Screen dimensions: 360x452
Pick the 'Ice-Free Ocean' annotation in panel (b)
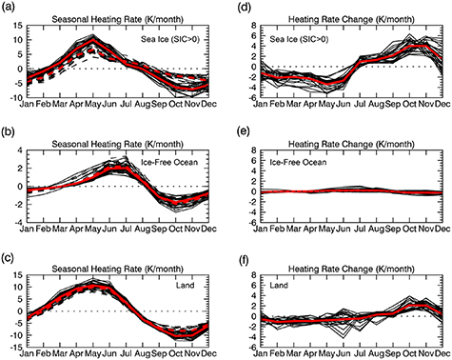(171, 152)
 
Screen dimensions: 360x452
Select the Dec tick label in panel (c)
(201, 349)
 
